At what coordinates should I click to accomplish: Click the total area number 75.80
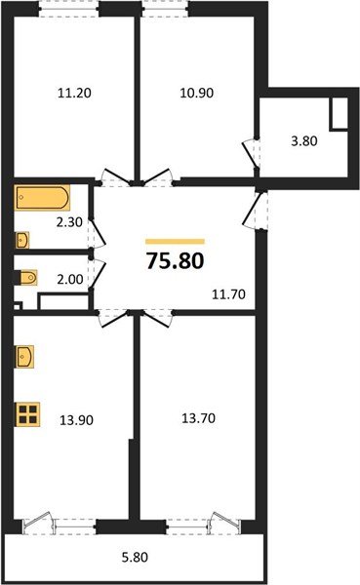click(x=175, y=261)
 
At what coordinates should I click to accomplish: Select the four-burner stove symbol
click(x=29, y=413)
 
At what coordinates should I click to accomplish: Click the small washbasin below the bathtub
click(x=21, y=239)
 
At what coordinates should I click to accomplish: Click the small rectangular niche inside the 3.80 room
click(x=340, y=115)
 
